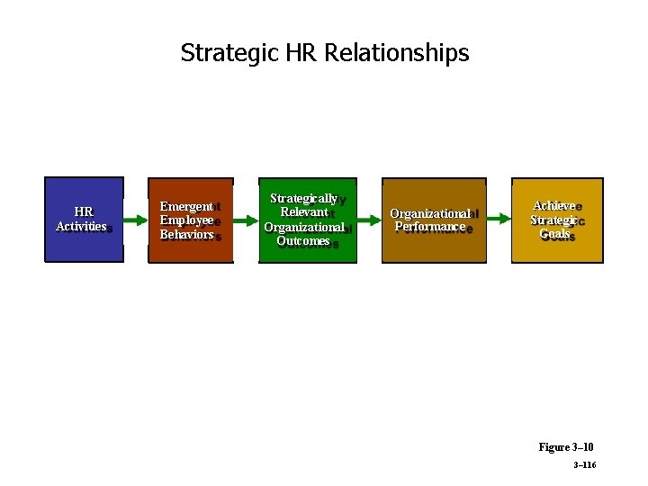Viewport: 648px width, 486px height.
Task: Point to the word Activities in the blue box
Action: pyautogui.click(x=81, y=227)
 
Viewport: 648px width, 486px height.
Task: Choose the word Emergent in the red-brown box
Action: pyautogui.click(x=186, y=207)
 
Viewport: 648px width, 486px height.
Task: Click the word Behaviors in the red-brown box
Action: pyautogui.click(x=186, y=234)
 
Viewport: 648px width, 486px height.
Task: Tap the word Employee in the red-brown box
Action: pyautogui.click(x=186, y=220)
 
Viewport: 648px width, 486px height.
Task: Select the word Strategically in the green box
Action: pyautogui.click(x=303, y=198)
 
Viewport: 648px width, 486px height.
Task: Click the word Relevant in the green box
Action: pyautogui.click(x=303, y=212)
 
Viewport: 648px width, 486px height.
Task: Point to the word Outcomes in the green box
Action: pyautogui.click(x=303, y=240)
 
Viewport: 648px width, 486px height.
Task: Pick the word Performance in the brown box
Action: pyautogui.click(x=429, y=227)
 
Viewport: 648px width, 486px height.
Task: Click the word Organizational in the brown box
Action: pyautogui.click(x=429, y=213)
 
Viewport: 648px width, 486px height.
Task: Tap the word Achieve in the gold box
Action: pyautogui.click(x=553, y=206)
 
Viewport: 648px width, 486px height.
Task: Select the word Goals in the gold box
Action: pyautogui.click(x=554, y=234)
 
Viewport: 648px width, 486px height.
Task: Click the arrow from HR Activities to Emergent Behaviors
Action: pyautogui.click(x=136, y=220)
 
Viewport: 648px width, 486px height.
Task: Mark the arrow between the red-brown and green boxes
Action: pyautogui.click(x=245, y=220)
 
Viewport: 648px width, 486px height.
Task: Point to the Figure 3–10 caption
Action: pyautogui.click(x=566, y=446)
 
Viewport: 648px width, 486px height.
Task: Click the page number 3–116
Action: pyautogui.click(x=584, y=465)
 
